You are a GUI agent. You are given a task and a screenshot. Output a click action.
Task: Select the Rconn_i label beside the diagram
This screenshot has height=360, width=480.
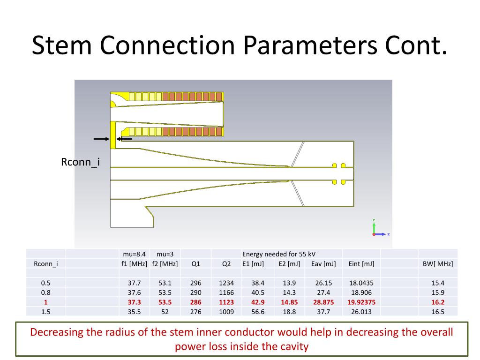(81, 162)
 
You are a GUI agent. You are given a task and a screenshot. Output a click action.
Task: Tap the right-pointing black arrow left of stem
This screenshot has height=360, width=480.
(101, 139)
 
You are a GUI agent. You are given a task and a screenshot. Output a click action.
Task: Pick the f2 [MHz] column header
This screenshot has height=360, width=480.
(165, 263)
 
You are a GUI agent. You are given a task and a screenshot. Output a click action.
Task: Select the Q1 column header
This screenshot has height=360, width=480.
(195, 263)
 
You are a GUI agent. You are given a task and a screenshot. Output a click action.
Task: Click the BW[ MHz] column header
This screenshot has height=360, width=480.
(437, 263)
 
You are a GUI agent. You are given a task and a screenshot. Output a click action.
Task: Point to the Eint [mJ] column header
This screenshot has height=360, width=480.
(361, 263)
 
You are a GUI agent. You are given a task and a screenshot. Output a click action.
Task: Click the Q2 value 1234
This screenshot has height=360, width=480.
(226, 283)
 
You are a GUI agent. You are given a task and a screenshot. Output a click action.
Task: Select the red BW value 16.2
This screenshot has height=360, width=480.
(437, 302)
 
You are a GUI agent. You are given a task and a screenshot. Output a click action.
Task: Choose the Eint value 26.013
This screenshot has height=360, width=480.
(361, 312)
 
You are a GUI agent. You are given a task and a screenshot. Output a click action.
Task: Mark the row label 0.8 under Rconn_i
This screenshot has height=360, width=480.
(45, 292)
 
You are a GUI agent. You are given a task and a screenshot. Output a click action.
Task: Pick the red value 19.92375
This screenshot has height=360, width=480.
(361, 302)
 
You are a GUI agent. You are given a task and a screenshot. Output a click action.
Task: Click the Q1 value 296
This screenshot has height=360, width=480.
(195, 283)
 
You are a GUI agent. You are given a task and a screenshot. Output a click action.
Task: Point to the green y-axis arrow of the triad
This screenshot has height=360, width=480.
(374, 226)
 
